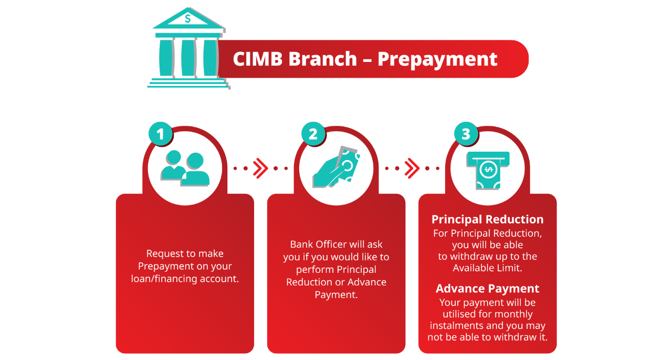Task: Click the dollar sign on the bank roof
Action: point(188,18)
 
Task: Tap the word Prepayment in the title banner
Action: point(437,59)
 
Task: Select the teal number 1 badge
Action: point(161,134)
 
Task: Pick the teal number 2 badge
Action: point(313,134)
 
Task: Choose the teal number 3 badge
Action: point(466,134)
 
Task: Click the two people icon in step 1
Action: point(185,168)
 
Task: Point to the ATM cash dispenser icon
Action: point(488,171)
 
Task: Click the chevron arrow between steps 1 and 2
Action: point(260,168)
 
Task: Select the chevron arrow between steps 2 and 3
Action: point(412,168)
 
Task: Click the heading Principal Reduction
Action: point(488,219)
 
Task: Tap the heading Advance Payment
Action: point(488,289)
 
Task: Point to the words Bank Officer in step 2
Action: point(319,245)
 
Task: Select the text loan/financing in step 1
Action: point(164,279)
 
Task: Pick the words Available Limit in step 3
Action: point(488,268)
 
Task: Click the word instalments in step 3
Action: point(455,325)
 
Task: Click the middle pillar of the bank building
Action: point(188,58)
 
